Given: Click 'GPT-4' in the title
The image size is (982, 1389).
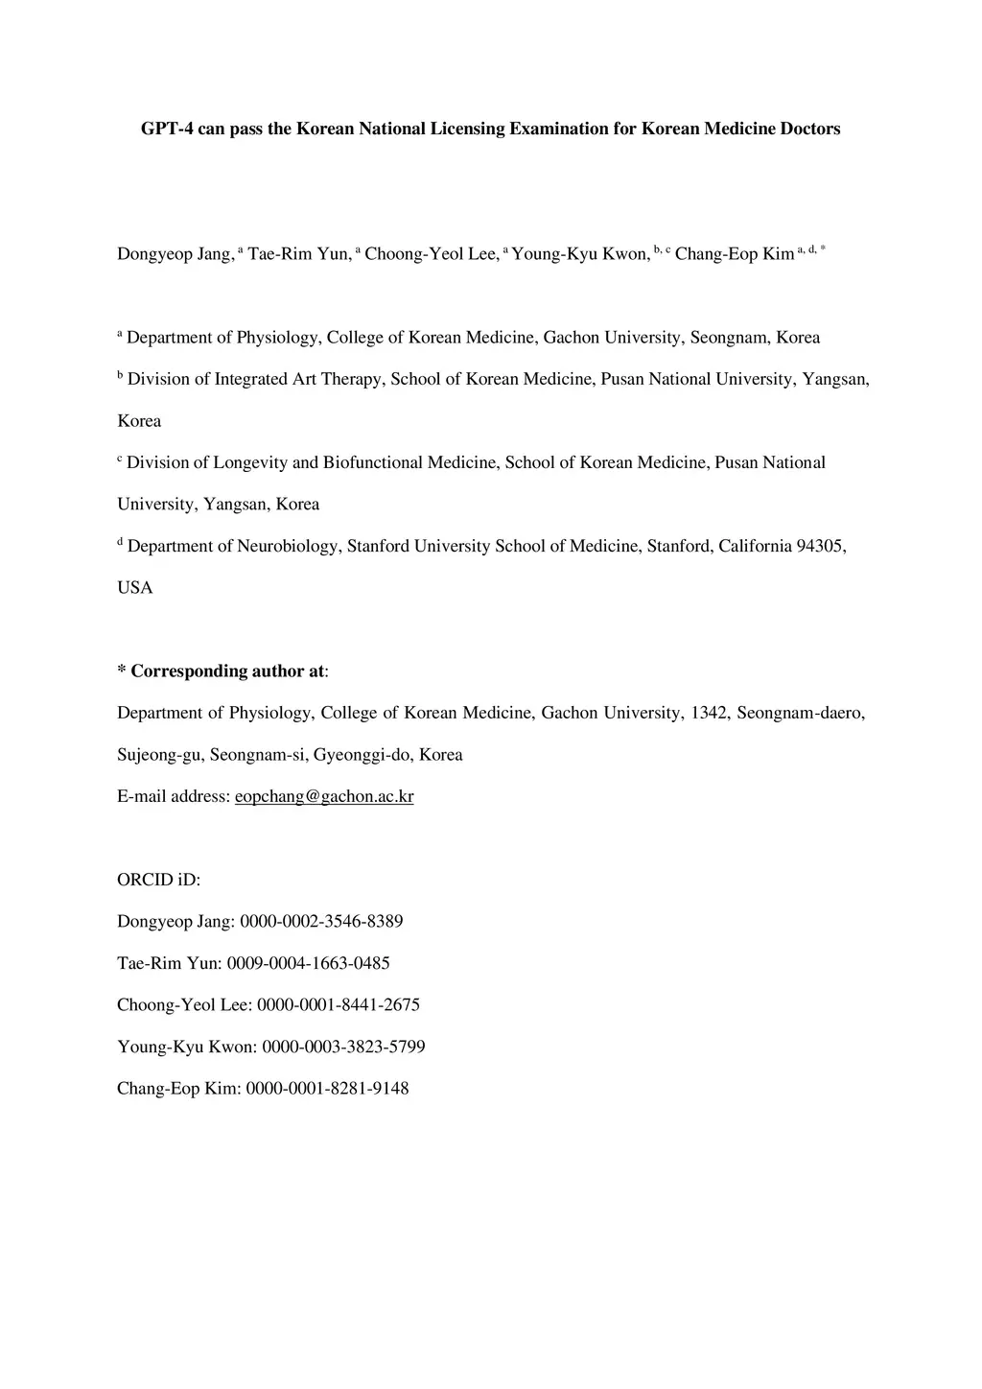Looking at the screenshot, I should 167,129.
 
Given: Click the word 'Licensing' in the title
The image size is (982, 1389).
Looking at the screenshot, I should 467,129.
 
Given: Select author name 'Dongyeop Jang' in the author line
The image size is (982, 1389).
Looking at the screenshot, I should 174,254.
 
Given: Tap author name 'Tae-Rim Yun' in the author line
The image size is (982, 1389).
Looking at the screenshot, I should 299,254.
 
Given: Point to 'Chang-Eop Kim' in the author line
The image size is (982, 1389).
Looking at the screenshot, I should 735,254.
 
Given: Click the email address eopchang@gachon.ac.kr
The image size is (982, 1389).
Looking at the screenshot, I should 324,797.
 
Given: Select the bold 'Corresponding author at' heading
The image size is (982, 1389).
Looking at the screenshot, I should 227,671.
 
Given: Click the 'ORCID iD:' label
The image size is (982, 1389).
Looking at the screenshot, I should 158,881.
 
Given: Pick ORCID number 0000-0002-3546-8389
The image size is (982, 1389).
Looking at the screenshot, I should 321,922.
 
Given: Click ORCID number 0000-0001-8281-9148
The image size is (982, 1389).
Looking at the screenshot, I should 327,1089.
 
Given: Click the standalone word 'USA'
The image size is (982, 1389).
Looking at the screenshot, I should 135,588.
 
